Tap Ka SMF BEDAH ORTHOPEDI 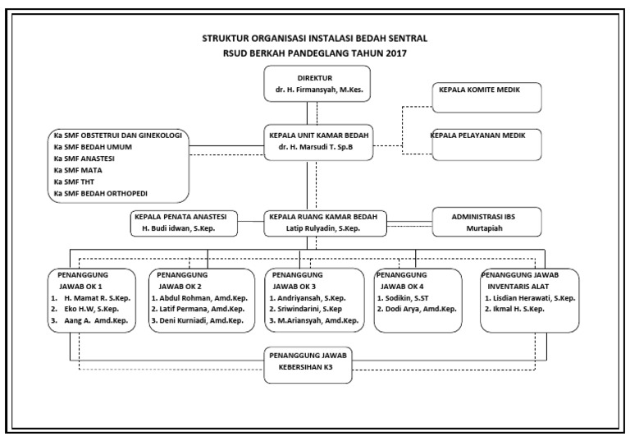coord(106,194)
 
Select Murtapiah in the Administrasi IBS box coord(486,228)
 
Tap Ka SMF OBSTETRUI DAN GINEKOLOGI coord(116,135)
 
